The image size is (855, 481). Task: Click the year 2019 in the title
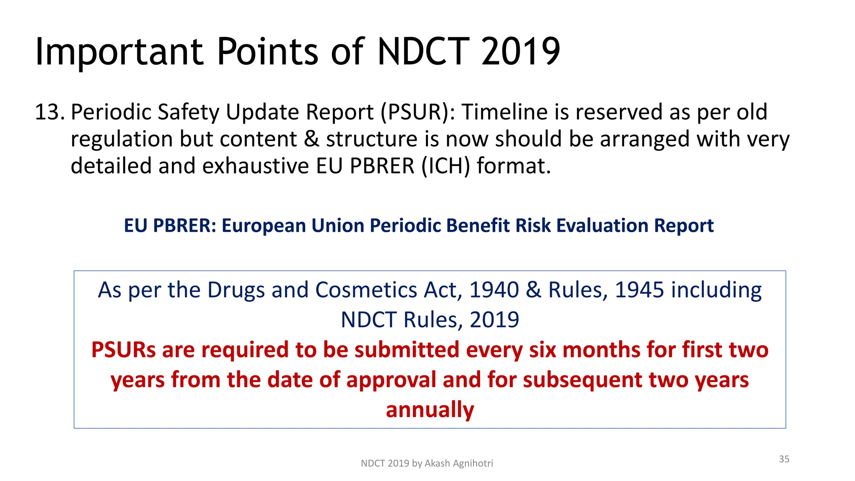click(520, 52)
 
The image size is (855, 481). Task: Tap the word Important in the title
click(119, 52)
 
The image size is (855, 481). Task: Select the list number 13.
click(49, 112)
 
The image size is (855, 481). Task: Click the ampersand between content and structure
click(311, 139)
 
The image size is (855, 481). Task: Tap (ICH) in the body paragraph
click(445, 166)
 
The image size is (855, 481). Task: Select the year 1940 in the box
click(493, 290)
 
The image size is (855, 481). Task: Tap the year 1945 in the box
click(639, 290)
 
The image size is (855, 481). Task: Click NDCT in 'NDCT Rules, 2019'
click(368, 320)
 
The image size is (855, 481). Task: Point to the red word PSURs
click(123, 350)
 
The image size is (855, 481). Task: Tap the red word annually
click(430, 410)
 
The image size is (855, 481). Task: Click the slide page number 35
click(784, 459)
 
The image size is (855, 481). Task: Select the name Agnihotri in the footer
click(473, 463)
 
